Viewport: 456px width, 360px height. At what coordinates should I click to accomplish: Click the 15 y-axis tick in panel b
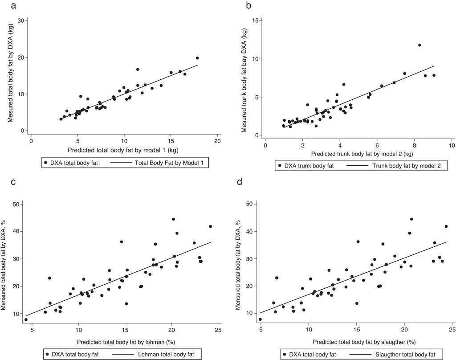point(255,20)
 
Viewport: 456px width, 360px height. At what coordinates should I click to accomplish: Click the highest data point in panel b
point(419,45)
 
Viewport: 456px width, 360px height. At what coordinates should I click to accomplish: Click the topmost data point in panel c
point(173,219)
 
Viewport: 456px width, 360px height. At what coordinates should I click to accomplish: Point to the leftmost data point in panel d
point(260,319)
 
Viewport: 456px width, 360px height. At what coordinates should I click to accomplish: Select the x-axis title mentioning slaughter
point(358,342)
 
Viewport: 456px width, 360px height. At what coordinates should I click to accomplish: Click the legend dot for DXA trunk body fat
point(280,166)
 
